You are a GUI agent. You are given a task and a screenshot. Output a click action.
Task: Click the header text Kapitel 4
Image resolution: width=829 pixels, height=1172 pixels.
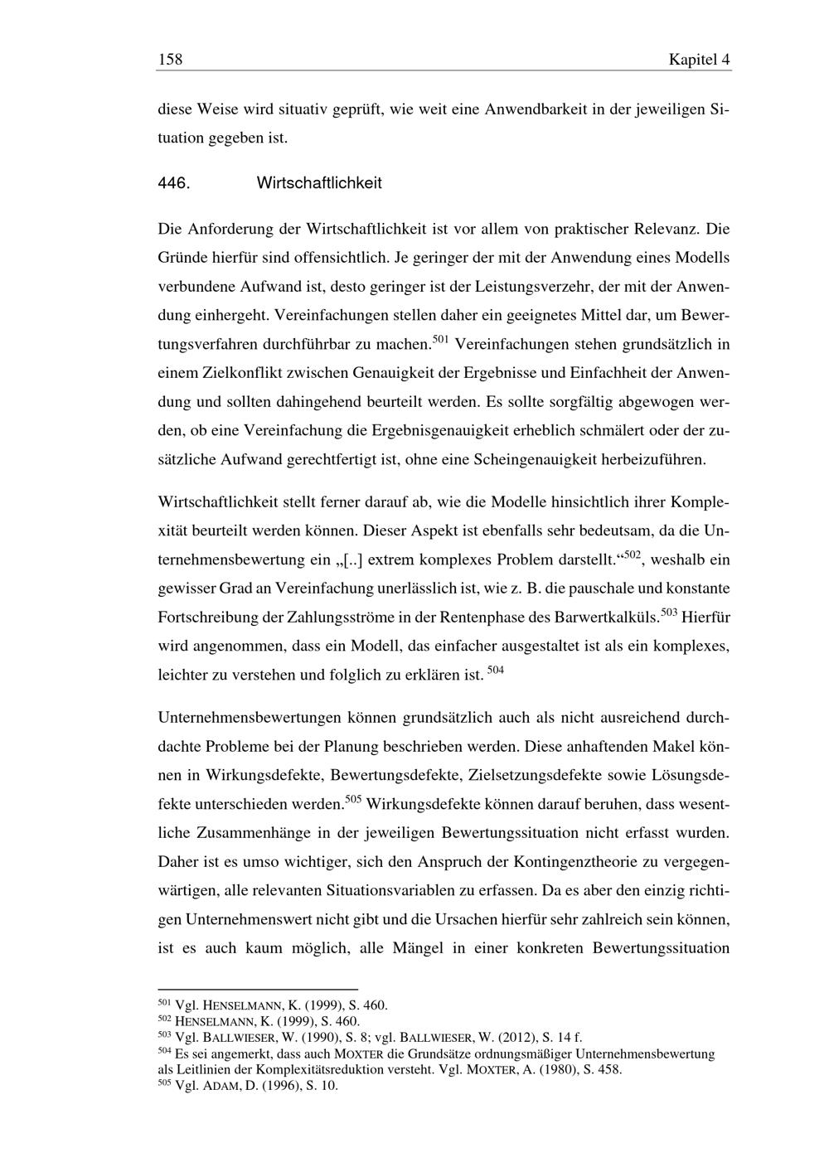click(699, 60)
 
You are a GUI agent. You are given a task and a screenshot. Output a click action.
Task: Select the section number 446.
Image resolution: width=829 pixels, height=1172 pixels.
click(174, 183)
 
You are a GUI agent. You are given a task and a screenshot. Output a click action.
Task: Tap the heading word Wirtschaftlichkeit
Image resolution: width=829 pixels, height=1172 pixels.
click(319, 183)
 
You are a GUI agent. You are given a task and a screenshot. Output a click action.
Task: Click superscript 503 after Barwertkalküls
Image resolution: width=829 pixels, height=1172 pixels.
click(670, 613)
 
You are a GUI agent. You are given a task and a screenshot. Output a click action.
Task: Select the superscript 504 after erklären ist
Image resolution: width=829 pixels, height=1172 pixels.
click(495, 670)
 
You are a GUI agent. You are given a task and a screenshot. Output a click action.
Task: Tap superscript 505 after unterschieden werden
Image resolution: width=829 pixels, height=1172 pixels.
click(352, 799)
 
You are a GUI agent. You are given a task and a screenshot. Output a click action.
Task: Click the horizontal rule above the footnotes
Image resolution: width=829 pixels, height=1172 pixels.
click(257, 989)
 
